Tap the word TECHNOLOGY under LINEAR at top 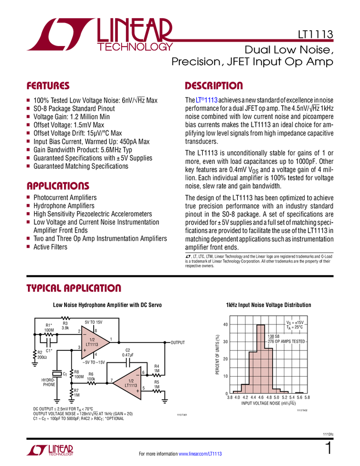pyautogui.click(x=135, y=48)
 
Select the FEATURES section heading pyautogui.click(x=48, y=86)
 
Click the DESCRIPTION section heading pyautogui.click(x=214, y=86)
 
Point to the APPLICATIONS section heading pyautogui.click(x=58, y=186)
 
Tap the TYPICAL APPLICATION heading pyautogui.click(x=74, y=288)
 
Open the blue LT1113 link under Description pyautogui.click(x=207, y=100)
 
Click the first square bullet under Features pyautogui.click(x=28, y=100)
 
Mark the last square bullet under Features pyautogui.click(x=28, y=166)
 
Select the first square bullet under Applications pyautogui.click(x=28, y=197)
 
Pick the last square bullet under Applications pyautogui.click(x=28, y=247)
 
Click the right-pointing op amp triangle pyautogui.click(x=94, y=343)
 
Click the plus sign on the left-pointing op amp pyautogui.click(x=137, y=391)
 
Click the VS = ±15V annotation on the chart pyautogui.click(x=295, y=322)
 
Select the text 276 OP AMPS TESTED pyautogui.click(x=286, y=342)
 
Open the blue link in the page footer pyautogui.click(x=201, y=453)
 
